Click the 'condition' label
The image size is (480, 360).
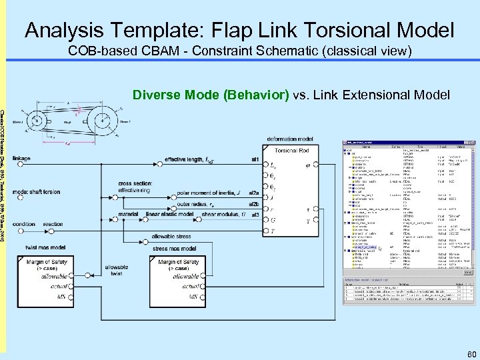24,224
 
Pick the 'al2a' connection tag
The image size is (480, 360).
254,193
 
